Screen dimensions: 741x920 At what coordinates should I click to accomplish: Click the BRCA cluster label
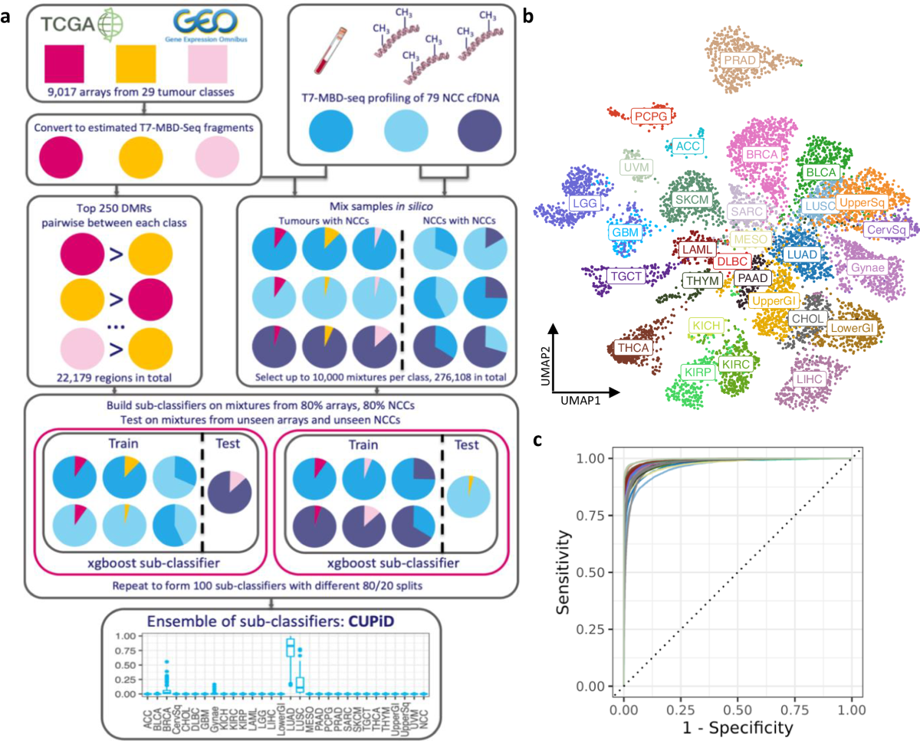(762, 154)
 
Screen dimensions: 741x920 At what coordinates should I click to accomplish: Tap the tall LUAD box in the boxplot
(290, 648)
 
